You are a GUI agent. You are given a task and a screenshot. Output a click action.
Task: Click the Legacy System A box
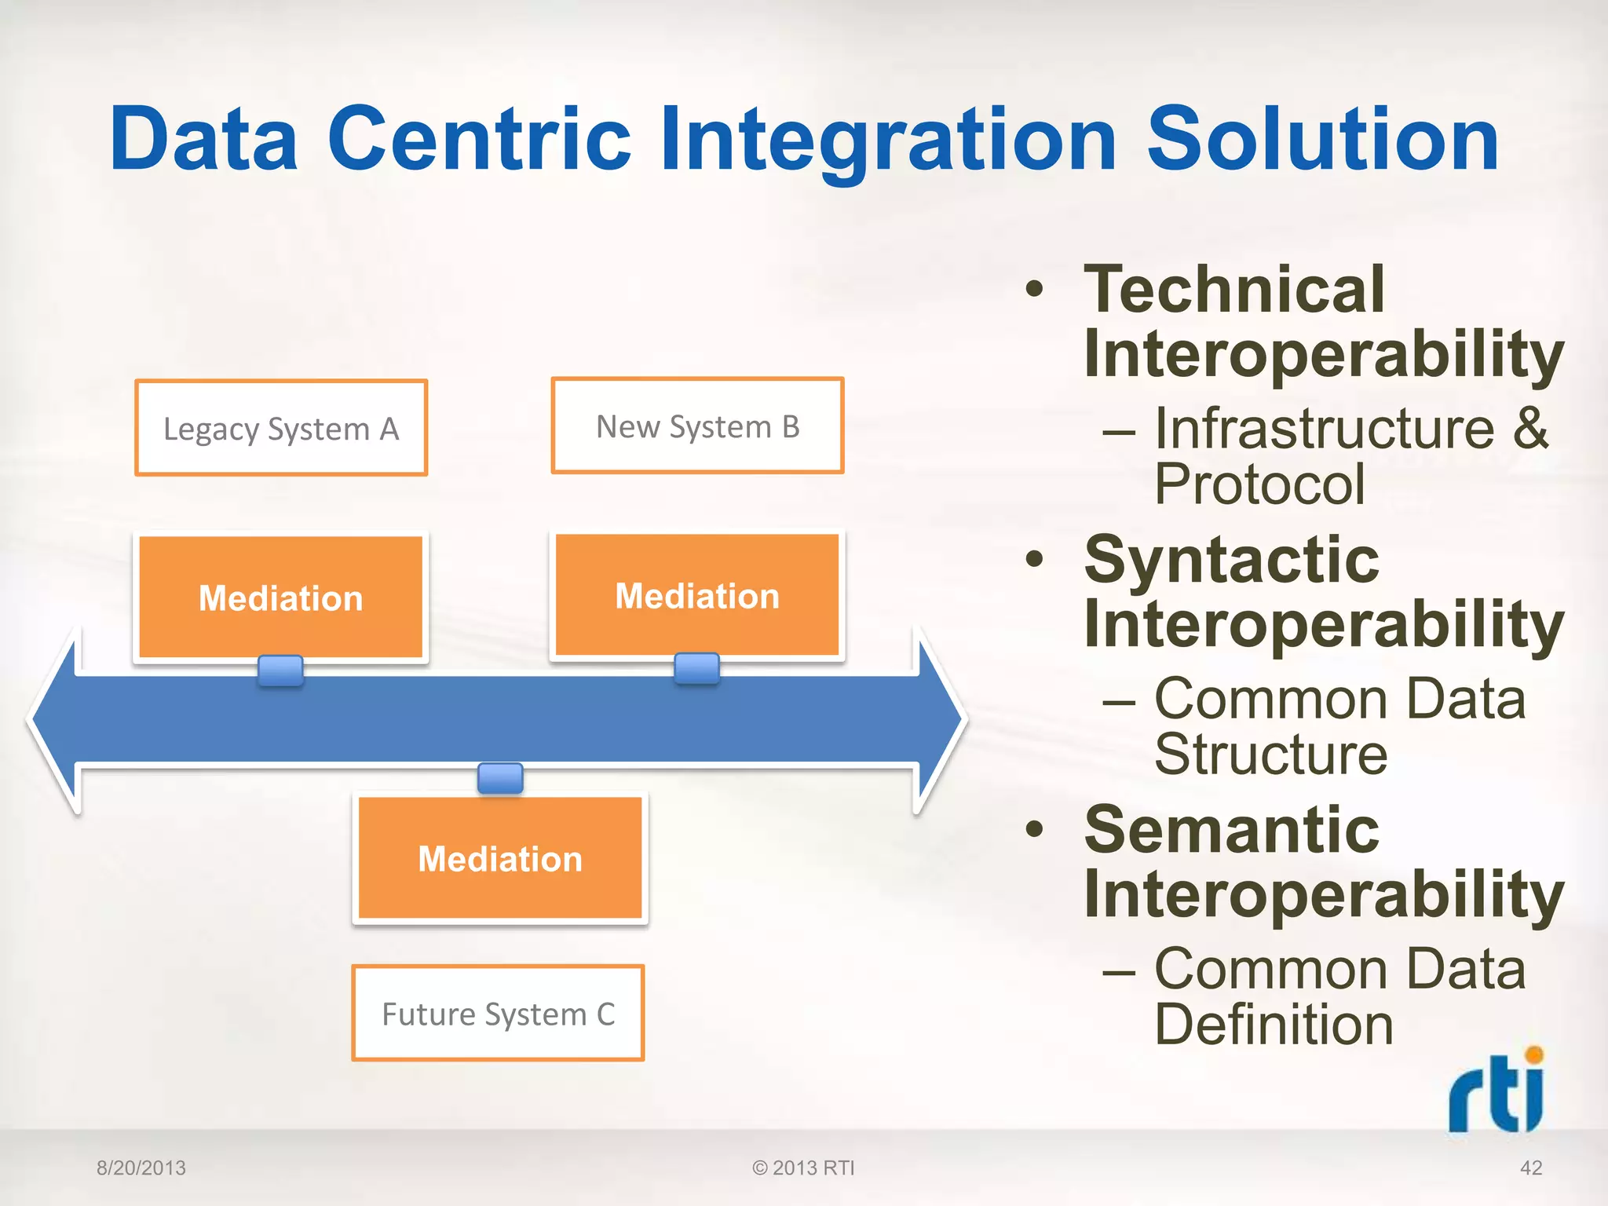pyautogui.click(x=281, y=428)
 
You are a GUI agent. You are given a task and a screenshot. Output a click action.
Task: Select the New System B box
pyautogui.click(x=697, y=426)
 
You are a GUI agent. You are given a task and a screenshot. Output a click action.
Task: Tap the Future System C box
pyautogui.click(x=498, y=1013)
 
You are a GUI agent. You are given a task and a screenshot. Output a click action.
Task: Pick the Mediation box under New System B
pyautogui.click(x=697, y=594)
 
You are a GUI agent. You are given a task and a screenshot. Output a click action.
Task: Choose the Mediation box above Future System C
pyautogui.click(x=500, y=857)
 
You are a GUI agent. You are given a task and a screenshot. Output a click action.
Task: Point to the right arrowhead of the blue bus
pyautogui.click(x=938, y=718)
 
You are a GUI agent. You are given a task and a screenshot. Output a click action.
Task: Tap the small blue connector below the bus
pyautogui.click(x=500, y=778)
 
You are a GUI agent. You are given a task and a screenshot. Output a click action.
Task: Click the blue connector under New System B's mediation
pyautogui.click(x=696, y=668)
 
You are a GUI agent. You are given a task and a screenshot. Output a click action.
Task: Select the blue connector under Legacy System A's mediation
pyautogui.click(x=280, y=671)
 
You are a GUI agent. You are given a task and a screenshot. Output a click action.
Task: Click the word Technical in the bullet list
pyautogui.click(x=1233, y=289)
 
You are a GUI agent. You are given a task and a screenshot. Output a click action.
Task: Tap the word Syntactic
pyautogui.click(x=1231, y=559)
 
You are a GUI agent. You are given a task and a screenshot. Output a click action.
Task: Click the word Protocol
pyautogui.click(x=1259, y=484)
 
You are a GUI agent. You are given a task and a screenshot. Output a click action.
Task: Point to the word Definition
pyautogui.click(x=1274, y=1024)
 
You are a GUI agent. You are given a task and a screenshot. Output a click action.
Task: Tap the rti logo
pyautogui.click(x=1497, y=1091)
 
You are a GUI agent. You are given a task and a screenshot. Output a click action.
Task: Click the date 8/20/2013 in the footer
pyautogui.click(x=141, y=1168)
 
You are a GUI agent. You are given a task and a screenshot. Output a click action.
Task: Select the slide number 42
pyautogui.click(x=1530, y=1168)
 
